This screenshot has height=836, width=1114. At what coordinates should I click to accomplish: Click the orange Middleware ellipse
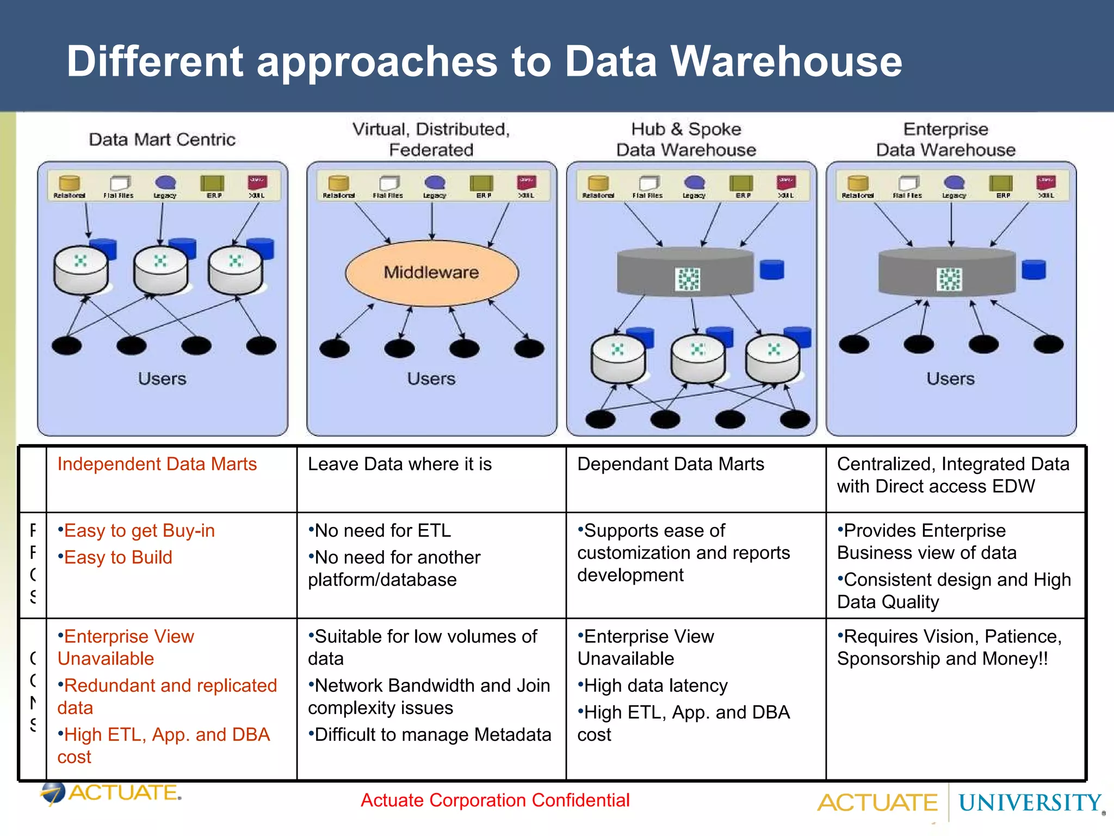click(431, 273)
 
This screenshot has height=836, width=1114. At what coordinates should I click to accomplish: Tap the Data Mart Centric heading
click(162, 139)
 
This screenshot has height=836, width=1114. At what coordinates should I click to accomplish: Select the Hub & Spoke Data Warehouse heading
click(686, 139)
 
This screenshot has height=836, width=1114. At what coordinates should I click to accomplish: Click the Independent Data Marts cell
click(157, 464)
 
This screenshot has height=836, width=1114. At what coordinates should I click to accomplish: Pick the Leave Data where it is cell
click(399, 464)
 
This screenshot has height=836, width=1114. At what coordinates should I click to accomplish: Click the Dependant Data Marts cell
click(670, 464)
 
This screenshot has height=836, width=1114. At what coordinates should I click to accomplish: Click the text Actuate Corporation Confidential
click(495, 800)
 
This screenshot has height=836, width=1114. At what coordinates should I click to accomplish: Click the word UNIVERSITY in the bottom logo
click(1029, 803)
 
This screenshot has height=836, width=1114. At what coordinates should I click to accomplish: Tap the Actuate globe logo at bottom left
click(53, 793)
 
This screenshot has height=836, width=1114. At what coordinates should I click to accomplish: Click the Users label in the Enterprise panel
click(950, 379)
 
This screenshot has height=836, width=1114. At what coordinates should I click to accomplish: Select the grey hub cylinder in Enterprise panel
click(947, 272)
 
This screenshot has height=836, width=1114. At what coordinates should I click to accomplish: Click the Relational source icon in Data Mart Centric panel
click(69, 185)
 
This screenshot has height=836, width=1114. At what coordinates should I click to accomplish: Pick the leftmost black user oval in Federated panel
click(335, 348)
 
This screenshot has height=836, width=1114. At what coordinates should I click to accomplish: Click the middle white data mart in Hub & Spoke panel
click(698, 359)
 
